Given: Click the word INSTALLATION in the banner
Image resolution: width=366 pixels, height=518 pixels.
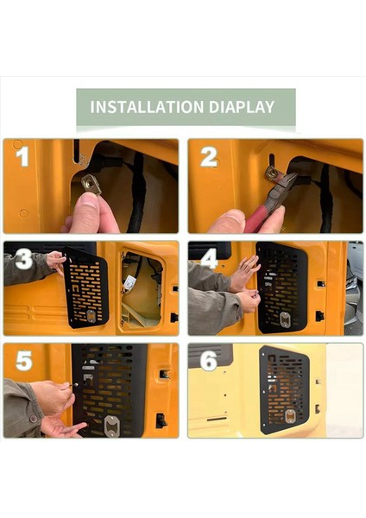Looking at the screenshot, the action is (x=147, y=107).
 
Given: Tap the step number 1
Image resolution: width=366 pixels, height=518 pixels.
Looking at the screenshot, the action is (x=22, y=156).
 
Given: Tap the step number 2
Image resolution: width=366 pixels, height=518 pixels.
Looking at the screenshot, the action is (x=209, y=156).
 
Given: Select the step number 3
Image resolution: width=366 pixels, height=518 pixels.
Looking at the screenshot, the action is (x=23, y=258).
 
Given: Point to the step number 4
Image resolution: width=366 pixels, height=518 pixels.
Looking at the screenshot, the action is (x=209, y=258).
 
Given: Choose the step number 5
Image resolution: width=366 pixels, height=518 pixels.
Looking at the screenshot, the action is (x=24, y=360).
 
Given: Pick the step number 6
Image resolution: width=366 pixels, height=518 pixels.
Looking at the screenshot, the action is (x=209, y=360).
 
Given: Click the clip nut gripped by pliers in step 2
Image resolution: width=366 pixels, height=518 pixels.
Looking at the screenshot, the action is (x=274, y=174).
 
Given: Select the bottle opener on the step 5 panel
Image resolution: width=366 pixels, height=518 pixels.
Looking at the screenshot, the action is (x=111, y=426).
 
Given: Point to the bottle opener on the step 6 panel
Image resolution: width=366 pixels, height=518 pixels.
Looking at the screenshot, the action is (x=290, y=417).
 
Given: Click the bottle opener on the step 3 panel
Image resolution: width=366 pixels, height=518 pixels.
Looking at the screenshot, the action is (x=91, y=316).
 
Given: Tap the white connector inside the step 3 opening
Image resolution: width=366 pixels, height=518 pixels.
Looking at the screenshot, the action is (x=130, y=281).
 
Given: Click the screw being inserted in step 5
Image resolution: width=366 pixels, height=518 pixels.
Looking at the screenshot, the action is (x=74, y=385).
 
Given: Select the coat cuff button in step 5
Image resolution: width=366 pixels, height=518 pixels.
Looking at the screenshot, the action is (x=34, y=419).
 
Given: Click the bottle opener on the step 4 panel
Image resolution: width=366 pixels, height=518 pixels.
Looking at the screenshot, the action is (x=284, y=319).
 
